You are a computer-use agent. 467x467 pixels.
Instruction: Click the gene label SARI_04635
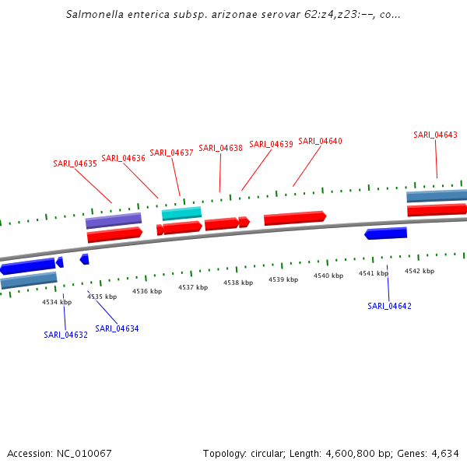75,163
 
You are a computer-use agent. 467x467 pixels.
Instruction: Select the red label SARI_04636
123,158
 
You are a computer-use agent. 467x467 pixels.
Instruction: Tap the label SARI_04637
171,153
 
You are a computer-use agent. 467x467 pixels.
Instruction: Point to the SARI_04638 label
220,148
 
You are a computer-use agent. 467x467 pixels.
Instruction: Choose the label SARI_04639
271,144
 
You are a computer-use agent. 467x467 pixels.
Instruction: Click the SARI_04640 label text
320,141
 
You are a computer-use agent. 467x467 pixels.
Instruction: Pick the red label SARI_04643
435,135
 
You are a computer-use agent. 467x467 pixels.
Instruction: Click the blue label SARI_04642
389,306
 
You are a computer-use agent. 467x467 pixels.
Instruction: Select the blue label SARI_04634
117,328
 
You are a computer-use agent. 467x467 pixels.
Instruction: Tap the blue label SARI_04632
65,335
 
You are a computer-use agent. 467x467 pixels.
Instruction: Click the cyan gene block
181,213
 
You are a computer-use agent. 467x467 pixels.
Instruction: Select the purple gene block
114,221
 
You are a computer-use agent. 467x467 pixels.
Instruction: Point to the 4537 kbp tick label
193,287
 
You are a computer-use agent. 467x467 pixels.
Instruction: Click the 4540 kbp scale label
328,276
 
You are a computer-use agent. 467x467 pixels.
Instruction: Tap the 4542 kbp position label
420,271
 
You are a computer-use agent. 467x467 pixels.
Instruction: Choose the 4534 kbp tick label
57,302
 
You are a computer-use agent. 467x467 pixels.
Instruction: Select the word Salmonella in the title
93,14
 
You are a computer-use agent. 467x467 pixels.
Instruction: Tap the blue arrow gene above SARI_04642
385,233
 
